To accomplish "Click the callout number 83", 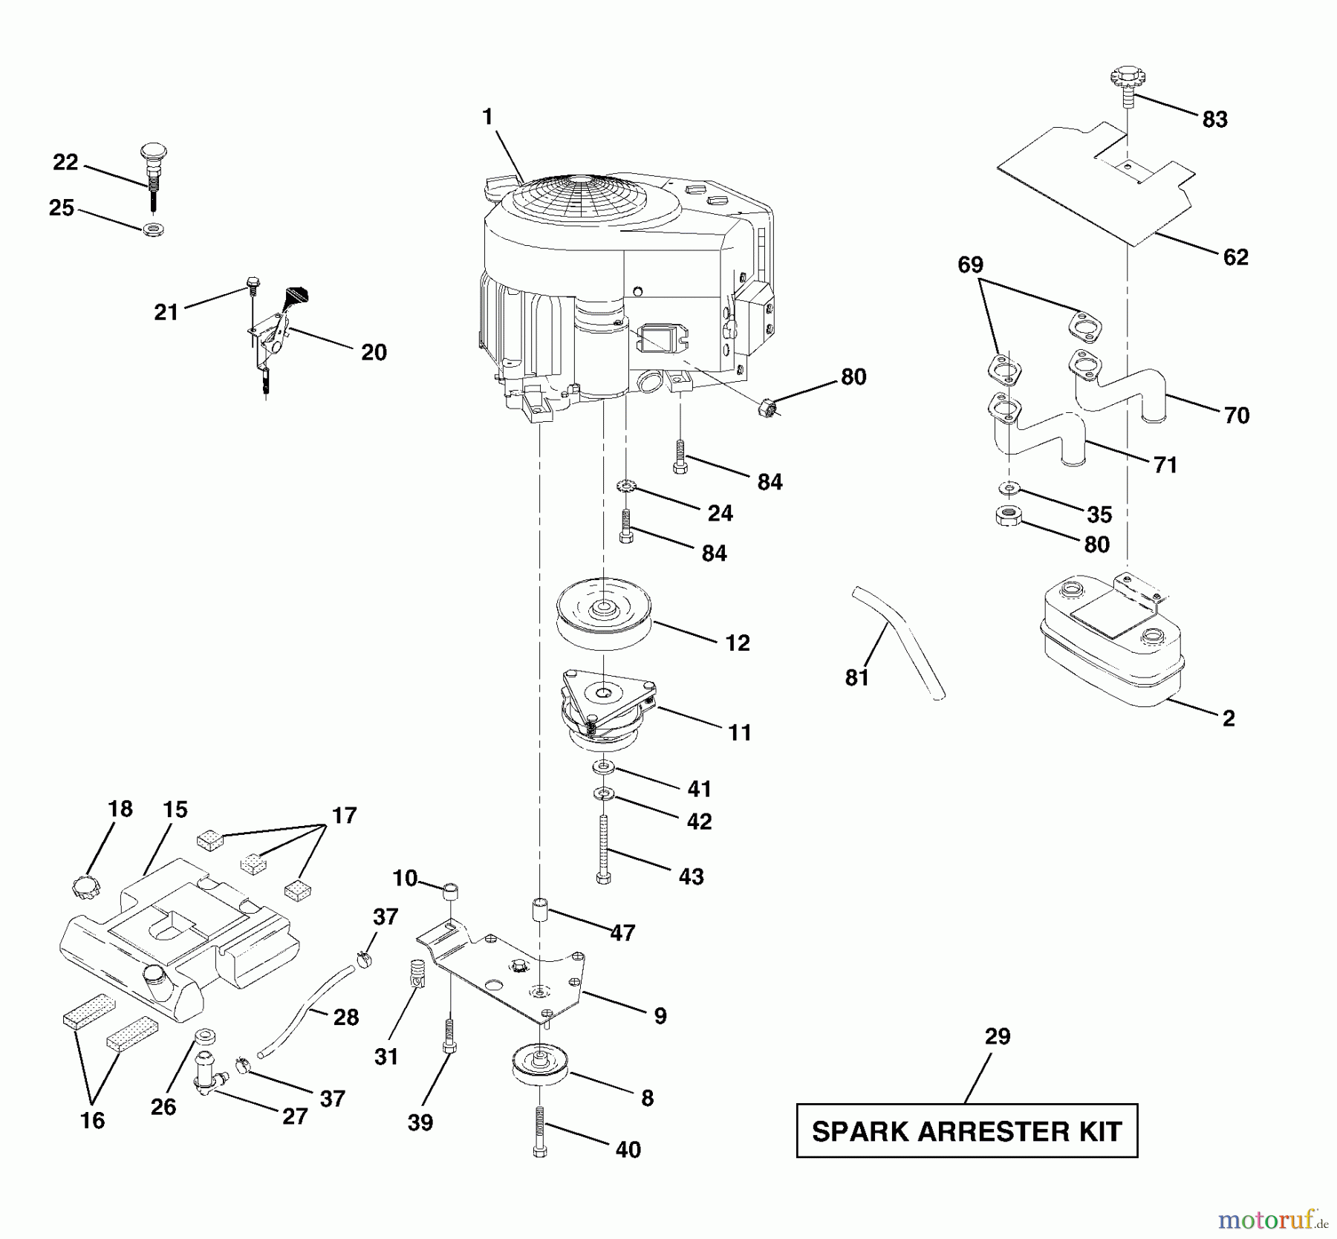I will [x=1214, y=119].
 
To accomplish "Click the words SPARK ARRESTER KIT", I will [x=966, y=1131].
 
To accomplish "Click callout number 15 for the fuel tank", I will [x=175, y=810].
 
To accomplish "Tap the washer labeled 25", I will [x=154, y=227].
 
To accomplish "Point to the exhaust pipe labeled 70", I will [x=1118, y=386].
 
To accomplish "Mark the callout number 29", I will [x=998, y=1036].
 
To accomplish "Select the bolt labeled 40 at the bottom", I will [x=540, y=1130].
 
